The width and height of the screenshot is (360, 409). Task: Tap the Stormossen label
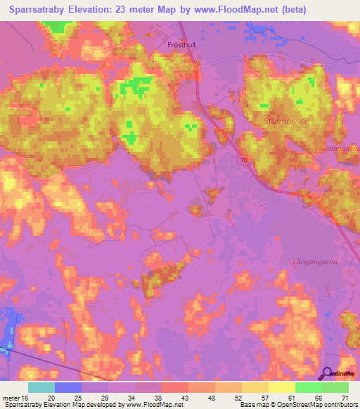tap(286, 121)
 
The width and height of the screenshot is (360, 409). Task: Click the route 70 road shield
tap(243, 160)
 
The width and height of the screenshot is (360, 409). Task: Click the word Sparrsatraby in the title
tap(43, 10)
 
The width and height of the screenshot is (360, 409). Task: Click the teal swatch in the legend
tap(41, 387)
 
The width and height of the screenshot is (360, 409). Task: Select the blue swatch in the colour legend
tap(67, 387)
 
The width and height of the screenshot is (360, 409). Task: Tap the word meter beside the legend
tap(11, 398)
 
